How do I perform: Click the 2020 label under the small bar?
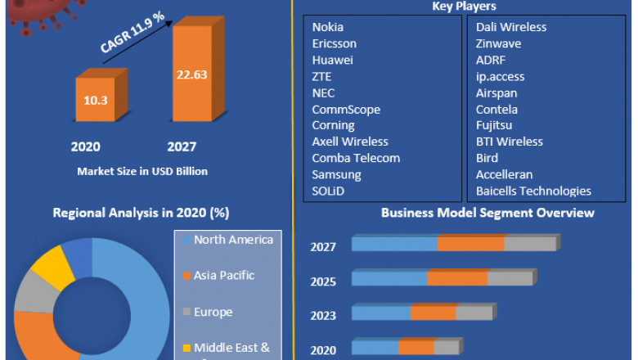click(x=85, y=147)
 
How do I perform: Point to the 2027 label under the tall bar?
click(x=182, y=147)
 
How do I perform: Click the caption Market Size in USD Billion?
click(x=142, y=172)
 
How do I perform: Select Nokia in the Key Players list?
click(x=327, y=27)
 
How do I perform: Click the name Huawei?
click(x=334, y=60)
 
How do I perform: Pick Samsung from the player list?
click(x=336, y=174)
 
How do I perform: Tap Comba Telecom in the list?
click(x=356, y=158)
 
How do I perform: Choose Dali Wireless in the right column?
click(x=511, y=27)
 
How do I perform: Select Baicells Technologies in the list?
click(x=533, y=191)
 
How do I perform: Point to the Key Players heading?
click(x=464, y=7)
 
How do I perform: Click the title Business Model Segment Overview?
click(x=487, y=213)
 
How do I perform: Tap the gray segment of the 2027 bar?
click(x=529, y=244)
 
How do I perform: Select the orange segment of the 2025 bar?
click(x=457, y=278)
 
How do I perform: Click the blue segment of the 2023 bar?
click(x=381, y=313)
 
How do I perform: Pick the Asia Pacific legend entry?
click(x=224, y=276)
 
